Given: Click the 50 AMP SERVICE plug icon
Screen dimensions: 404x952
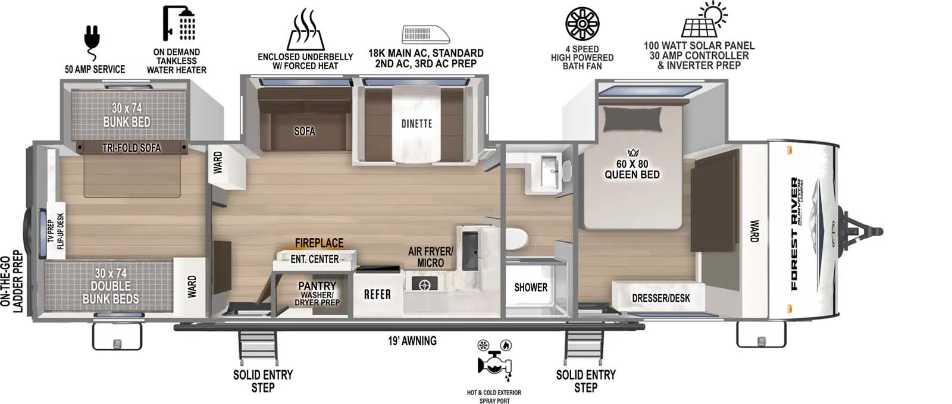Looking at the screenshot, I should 92,37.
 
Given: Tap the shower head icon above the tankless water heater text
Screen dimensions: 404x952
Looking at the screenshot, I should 178,24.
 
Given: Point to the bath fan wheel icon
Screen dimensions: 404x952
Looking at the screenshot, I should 581,24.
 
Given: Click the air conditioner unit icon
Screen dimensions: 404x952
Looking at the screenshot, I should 425,34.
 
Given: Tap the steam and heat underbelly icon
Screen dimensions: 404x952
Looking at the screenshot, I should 305,30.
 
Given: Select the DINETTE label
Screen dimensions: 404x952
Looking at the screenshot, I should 416,123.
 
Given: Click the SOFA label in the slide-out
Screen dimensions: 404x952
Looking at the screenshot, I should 304,131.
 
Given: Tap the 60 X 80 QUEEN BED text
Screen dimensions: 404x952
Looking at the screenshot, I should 632,169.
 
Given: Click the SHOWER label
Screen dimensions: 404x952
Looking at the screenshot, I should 530,287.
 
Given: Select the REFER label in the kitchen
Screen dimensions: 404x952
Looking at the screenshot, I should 377,294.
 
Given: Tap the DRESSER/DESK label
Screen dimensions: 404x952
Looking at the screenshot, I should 660,298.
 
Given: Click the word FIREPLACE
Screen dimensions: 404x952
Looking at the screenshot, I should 319,243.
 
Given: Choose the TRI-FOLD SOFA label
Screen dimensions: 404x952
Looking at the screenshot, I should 131,148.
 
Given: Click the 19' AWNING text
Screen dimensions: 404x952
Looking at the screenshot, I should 412,341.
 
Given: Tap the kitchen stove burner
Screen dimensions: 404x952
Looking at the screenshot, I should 424,284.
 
